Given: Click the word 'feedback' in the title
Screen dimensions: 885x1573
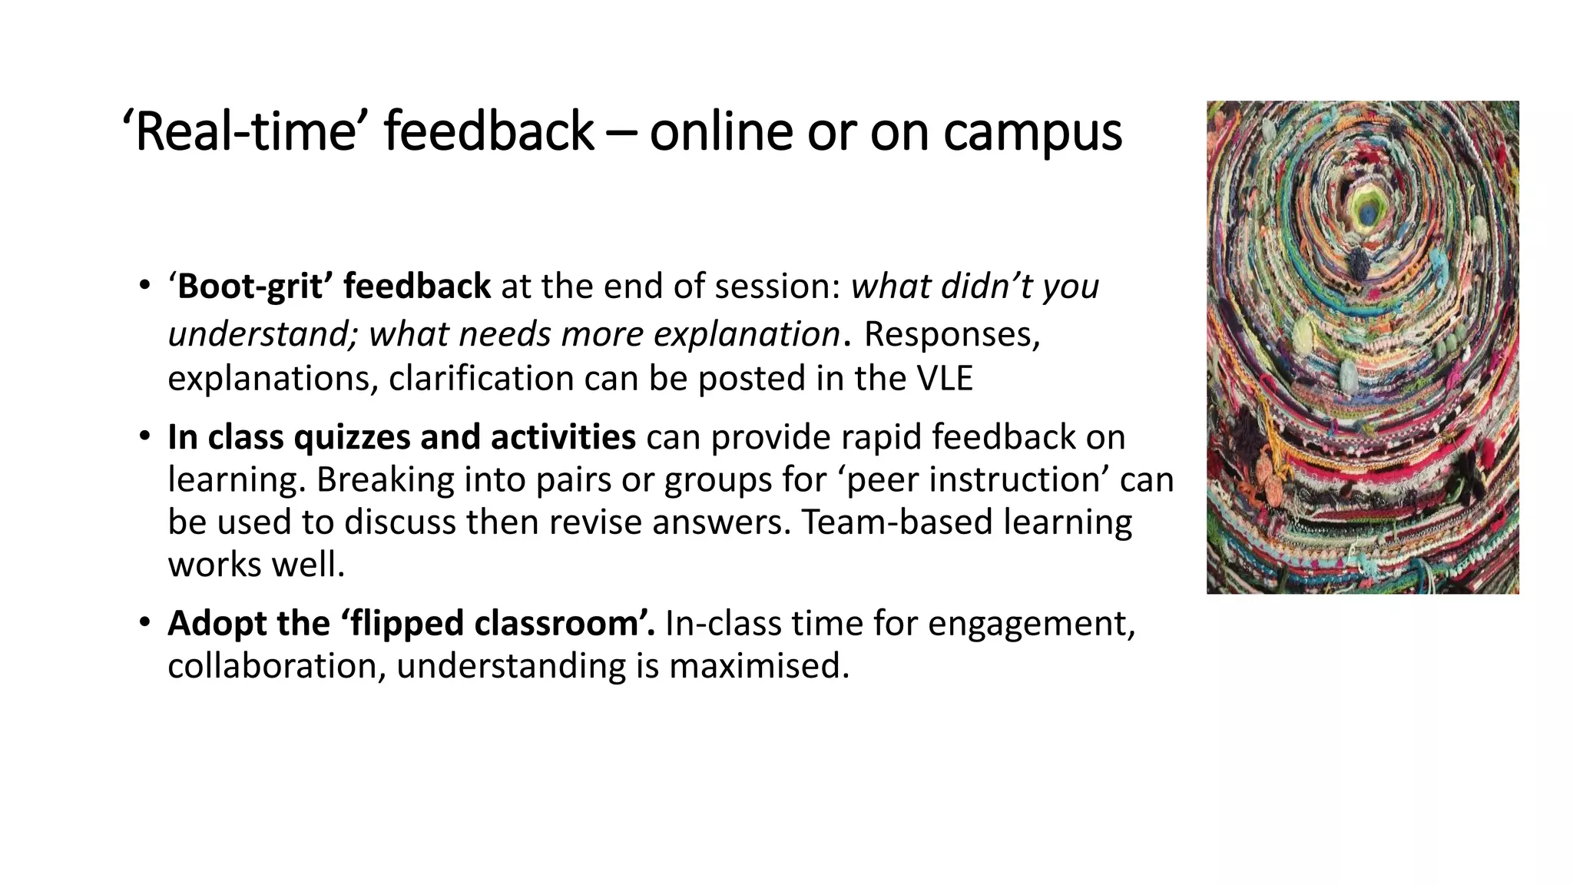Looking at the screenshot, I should click(x=488, y=131).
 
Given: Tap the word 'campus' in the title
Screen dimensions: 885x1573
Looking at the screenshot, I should click(x=1032, y=133).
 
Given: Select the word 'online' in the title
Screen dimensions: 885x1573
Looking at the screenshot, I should click(x=720, y=131).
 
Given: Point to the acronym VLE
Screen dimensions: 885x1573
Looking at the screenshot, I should click(x=945, y=378).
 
